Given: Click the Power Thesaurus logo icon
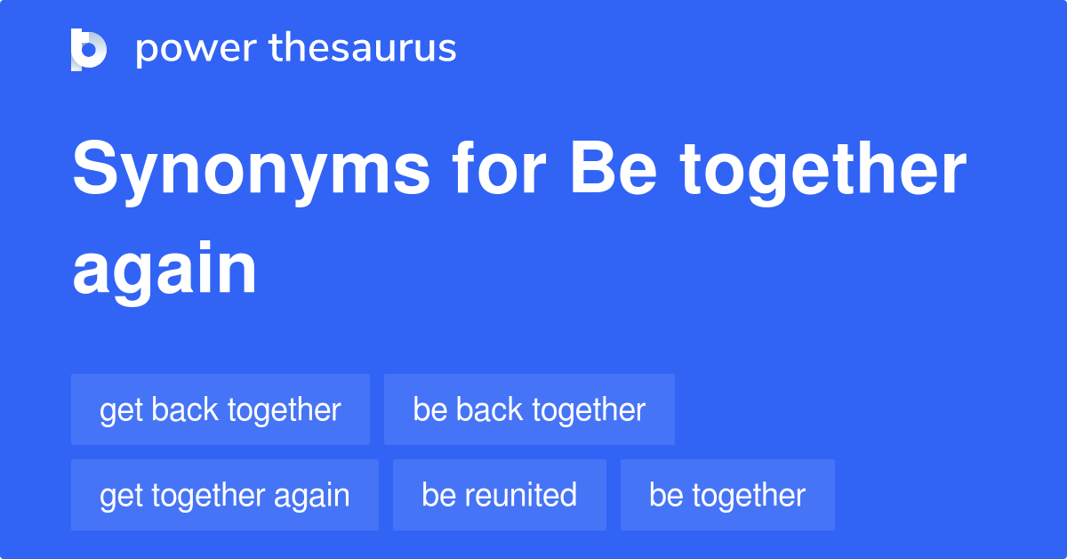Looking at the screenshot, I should click(89, 49).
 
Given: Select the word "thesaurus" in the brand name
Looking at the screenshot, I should click(363, 49).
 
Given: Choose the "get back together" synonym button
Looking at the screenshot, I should click(220, 409).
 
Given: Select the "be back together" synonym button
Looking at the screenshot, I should click(529, 409).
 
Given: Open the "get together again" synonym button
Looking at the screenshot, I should click(224, 495).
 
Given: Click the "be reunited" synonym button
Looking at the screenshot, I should click(499, 495).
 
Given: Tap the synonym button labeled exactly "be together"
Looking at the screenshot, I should click(727, 495).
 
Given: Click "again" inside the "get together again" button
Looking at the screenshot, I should click(312, 495).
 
